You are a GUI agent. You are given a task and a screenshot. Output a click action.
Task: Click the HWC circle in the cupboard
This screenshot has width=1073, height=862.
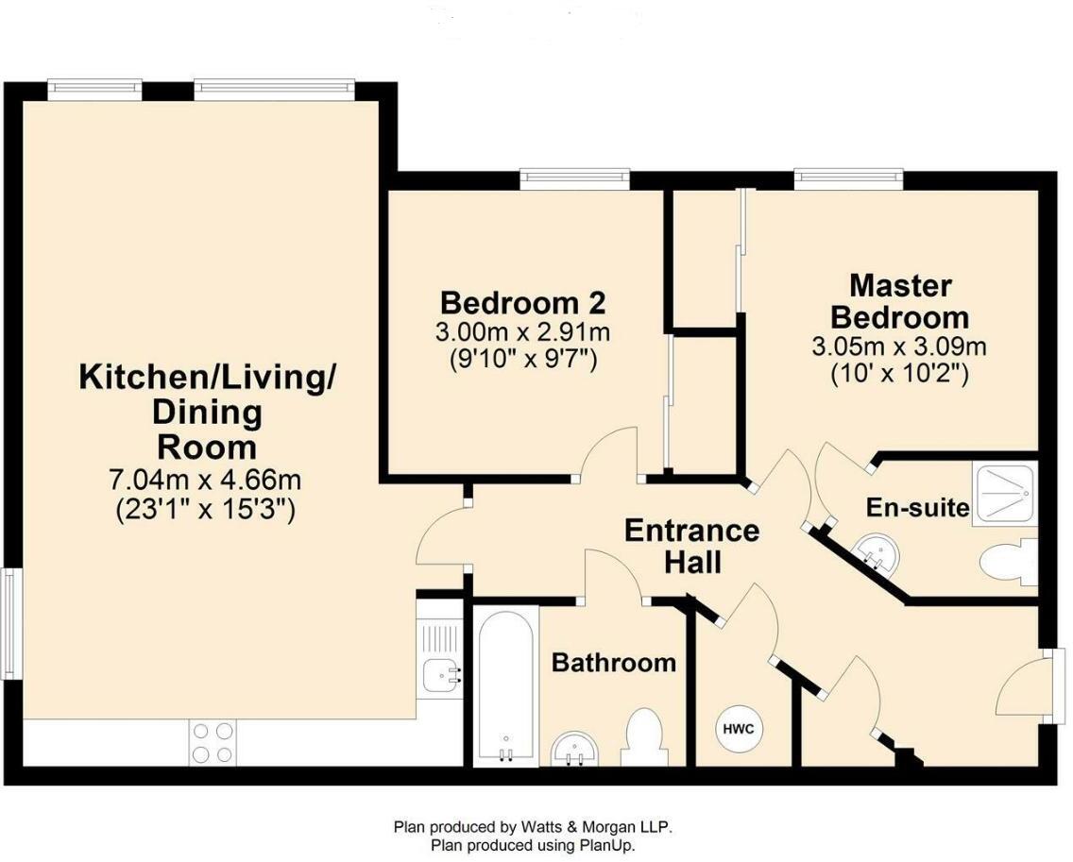pos(739,729)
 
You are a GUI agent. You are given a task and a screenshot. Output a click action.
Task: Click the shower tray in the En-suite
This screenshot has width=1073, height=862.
pos(1005,493)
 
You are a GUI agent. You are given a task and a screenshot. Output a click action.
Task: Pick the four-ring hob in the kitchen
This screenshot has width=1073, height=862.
pos(213,742)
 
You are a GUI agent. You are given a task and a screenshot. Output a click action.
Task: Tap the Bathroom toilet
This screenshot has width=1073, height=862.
pos(642,736)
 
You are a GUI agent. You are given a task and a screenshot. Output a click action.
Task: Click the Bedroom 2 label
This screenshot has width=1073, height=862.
pos(522,302)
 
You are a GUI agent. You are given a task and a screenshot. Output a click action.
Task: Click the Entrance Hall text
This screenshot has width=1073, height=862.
pos(691,547)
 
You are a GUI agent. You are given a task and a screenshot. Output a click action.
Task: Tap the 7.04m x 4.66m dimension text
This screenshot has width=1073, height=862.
pos(205,480)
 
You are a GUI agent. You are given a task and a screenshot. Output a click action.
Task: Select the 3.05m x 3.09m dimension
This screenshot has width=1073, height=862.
pos(899,346)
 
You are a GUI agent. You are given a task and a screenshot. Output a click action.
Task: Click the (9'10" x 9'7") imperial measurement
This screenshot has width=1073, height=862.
pos(523,359)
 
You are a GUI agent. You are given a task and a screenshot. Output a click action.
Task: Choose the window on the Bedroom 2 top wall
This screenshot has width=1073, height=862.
pos(574,179)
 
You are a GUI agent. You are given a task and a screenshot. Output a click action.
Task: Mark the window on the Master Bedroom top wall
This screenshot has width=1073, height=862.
pos(848,179)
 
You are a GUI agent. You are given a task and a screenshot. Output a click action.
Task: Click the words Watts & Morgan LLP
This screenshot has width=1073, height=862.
pos(592,826)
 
